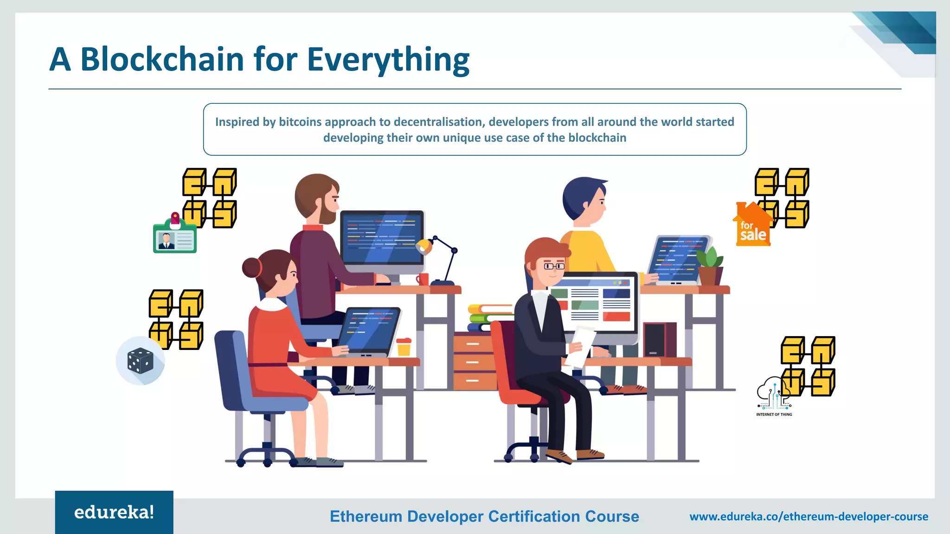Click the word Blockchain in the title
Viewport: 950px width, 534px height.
point(162,60)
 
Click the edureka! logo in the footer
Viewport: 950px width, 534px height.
point(114,512)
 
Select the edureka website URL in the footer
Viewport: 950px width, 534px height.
point(809,516)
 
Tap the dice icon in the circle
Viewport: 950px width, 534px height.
point(140,361)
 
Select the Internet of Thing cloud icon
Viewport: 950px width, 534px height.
point(773,394)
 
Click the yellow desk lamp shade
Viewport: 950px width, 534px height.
point(424,246)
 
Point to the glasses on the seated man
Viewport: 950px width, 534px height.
point(554,266)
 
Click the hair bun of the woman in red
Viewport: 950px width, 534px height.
point(251,267)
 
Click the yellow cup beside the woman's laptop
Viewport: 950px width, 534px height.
point(404,347)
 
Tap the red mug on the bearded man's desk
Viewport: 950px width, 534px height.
point(423,279)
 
